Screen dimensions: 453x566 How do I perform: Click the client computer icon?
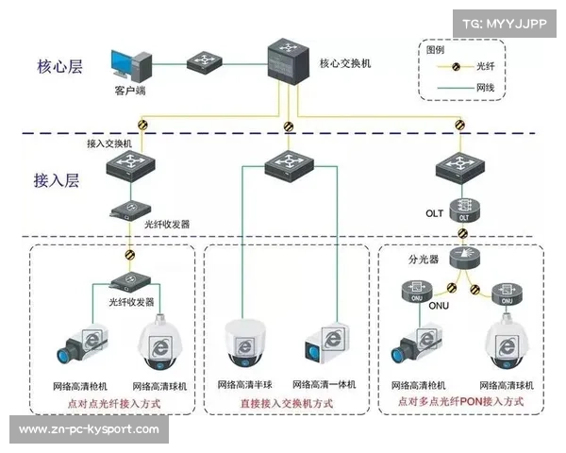pyautogui.click(x=132, y=66)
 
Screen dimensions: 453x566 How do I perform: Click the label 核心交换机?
pyautogui.click(x=345, y=63)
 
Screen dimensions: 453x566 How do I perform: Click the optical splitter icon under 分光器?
pyautogui.click(x=463, y=257)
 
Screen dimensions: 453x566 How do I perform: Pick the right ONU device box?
pyautogui.click(x=507, y=292)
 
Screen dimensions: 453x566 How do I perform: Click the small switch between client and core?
pyautogui.click(x=202, y=64)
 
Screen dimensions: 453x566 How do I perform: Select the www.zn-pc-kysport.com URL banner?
pyautogui.click(x=90, y=429)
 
